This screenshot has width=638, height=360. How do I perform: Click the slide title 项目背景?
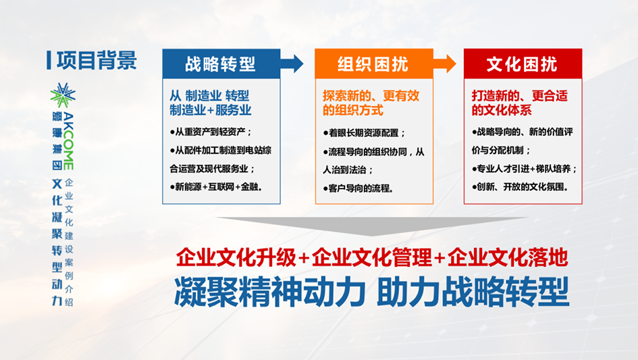click(97, 60)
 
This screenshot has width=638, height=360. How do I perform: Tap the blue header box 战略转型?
click(221, 64)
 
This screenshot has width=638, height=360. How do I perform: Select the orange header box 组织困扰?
click(373, 64)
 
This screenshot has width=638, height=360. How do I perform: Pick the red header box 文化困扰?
click(523, 64)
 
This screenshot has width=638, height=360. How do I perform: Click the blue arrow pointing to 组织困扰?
click(292, 64)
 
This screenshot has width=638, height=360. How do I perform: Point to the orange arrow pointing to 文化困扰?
click(444, 64)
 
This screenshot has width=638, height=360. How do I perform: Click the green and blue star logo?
click(63, 96)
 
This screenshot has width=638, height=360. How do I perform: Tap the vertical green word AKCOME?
click(68, 141)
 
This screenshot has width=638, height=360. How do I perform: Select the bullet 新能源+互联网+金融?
click(216, 187)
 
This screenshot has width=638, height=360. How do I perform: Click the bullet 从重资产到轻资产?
click(211, 132)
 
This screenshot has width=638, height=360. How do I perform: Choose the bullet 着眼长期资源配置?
click(364, 133)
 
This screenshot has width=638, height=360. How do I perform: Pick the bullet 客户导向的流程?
click(358, 188)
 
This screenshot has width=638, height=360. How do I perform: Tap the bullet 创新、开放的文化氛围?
click(520, 187)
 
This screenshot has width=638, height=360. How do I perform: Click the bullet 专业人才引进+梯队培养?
click(525, 169)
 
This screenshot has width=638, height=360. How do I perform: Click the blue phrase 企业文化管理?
click(371, 258)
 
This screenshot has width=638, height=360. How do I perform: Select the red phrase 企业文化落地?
click(508, 258)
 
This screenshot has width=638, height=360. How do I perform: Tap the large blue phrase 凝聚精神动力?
click(269, 292)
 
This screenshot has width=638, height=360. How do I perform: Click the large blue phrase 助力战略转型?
click(473, 292)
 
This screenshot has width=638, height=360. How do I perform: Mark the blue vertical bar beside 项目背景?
click(49, 60)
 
